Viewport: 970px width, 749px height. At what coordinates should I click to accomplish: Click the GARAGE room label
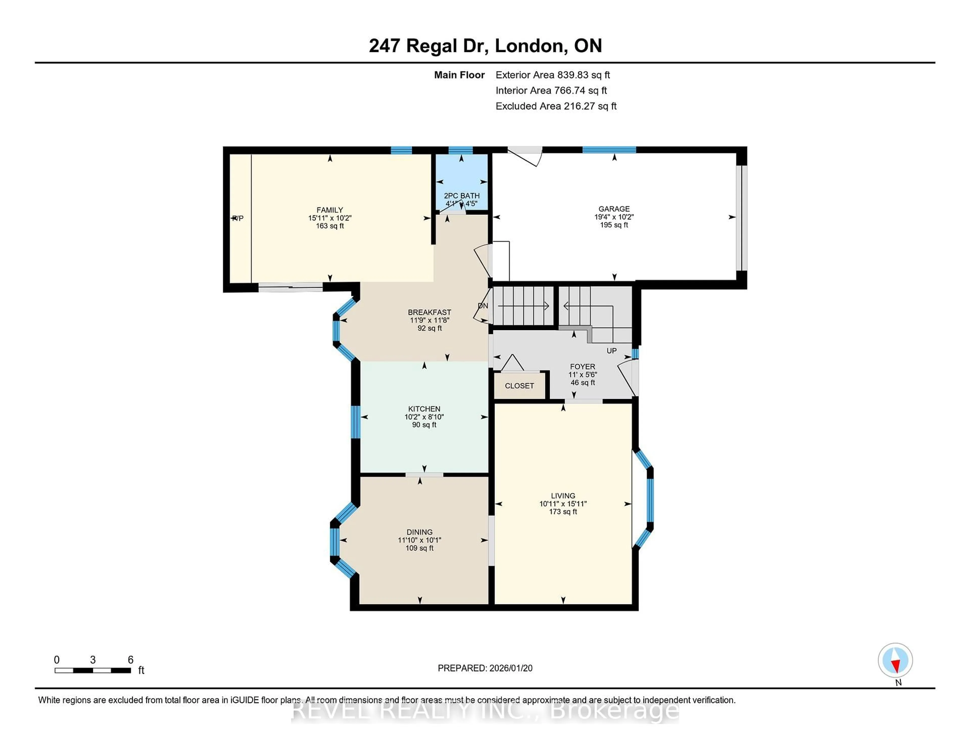[x=614, y=208]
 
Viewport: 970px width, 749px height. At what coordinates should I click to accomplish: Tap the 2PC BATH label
[x=462, y=196]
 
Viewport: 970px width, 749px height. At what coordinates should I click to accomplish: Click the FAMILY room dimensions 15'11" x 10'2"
[x=330, y=218]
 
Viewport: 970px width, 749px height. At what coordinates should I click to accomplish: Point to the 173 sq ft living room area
[x=563, y=512]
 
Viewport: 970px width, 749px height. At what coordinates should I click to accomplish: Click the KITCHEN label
[x=424, y=409]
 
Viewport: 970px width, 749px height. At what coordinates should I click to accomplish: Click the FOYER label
[x=582, y=366]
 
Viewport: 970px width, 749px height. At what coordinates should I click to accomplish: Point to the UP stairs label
[x=612, y=351]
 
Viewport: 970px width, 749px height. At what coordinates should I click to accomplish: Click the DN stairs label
[x=483, y=306]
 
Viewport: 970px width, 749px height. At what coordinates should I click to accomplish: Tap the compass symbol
[x=895, y=660]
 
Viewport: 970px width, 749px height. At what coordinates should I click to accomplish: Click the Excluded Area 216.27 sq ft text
[x=556, y=106]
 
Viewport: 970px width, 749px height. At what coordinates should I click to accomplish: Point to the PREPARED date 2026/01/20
[x=485, y=668]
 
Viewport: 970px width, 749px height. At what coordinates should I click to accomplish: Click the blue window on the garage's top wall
[x=609, y=150]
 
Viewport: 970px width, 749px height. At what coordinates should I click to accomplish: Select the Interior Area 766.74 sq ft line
[x=551, y=91]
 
